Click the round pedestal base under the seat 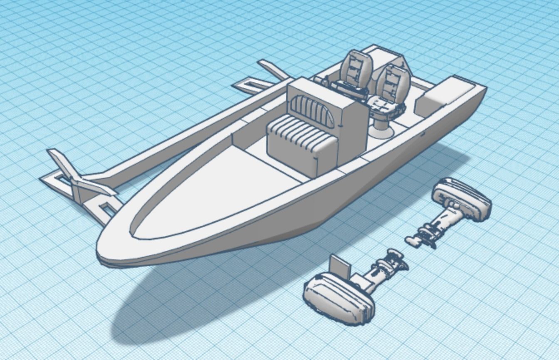[381, 131]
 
